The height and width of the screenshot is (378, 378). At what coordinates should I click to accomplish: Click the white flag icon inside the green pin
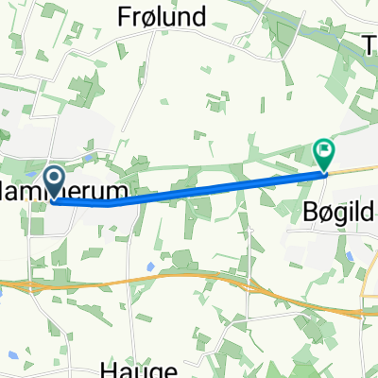coord(324,149)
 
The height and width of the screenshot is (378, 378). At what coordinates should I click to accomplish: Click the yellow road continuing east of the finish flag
coord(354,169)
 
